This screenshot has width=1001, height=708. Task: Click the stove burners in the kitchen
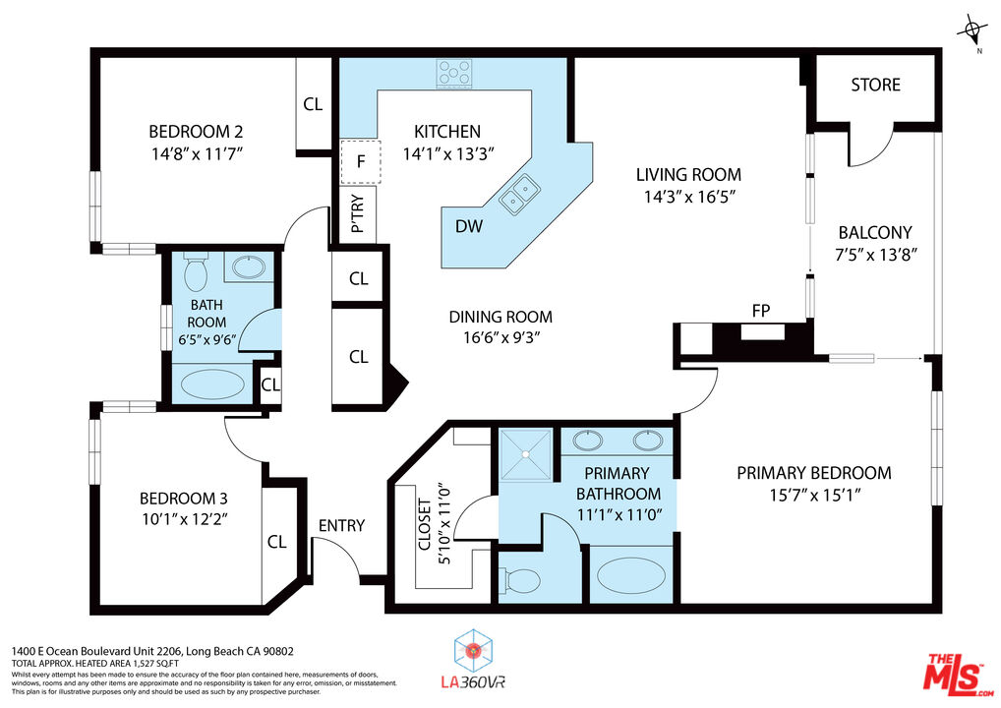point(454,71)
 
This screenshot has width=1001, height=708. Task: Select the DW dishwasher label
point(469,226)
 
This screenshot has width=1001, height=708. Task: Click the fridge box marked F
point(360,163)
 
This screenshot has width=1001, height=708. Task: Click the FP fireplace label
point(760,311)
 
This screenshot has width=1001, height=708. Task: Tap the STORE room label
point(875,85)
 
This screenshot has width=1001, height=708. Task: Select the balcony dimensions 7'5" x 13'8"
point(874,255)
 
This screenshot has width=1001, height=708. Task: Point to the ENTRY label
point(341,525)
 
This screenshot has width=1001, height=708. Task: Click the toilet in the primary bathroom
point(520,581)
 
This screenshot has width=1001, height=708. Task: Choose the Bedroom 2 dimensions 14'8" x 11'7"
point(196,152)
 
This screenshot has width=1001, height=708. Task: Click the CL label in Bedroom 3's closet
point(276,542)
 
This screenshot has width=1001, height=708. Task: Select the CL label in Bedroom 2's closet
point(313,103)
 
